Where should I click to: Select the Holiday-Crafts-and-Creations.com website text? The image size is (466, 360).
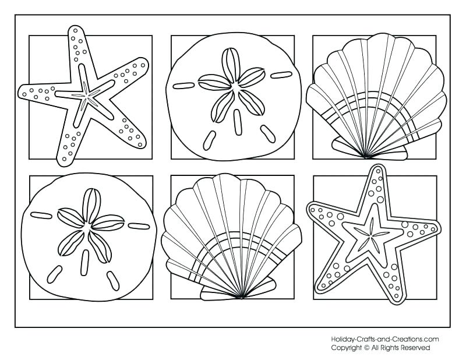pos(384,338)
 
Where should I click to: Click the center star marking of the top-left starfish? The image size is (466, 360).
pos(87,94)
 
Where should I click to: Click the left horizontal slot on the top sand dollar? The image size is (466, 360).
pos(184,86)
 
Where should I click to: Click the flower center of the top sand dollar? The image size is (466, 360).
pos(236,88)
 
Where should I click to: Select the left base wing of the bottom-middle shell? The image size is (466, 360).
pos(213,291)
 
